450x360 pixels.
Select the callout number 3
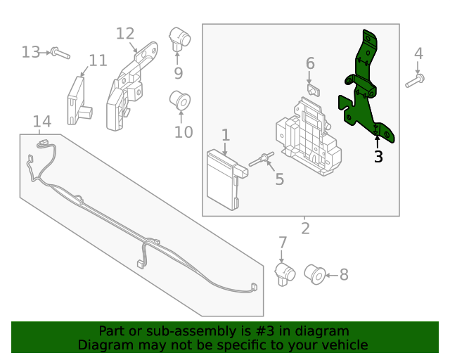(x=378, y=157)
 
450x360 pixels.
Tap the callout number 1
(x=226, y=134)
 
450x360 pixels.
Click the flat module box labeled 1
(x=223, y=180)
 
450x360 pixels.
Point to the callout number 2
(x=305, y=228)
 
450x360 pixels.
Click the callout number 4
(x=418, y=53)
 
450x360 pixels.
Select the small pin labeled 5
(x=261, y=160)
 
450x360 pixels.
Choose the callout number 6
(x=310, y=63)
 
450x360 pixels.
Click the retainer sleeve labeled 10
(x=181, y=101)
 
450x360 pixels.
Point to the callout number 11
(x=98, y=60)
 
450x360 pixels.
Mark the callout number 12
(x=125, y=33)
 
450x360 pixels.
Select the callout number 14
(x=42, y=122)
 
